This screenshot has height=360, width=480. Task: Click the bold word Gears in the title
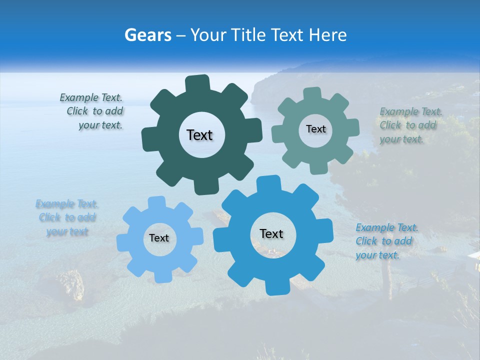[x=147, y=35]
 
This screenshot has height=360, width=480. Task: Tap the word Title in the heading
[x=247, y=35]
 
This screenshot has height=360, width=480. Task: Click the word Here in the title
[x=328, y=35]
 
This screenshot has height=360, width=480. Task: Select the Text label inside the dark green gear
[x=199, y=135]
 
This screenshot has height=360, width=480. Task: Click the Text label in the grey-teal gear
[x=315, y=129]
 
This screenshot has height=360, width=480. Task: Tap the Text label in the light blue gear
[x=159, y=238]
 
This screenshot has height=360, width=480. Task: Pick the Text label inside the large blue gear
[x=271, y=233]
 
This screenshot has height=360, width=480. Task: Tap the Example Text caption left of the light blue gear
[x=66, y=217]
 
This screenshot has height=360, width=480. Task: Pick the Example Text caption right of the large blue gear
[x=385, y=241]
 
